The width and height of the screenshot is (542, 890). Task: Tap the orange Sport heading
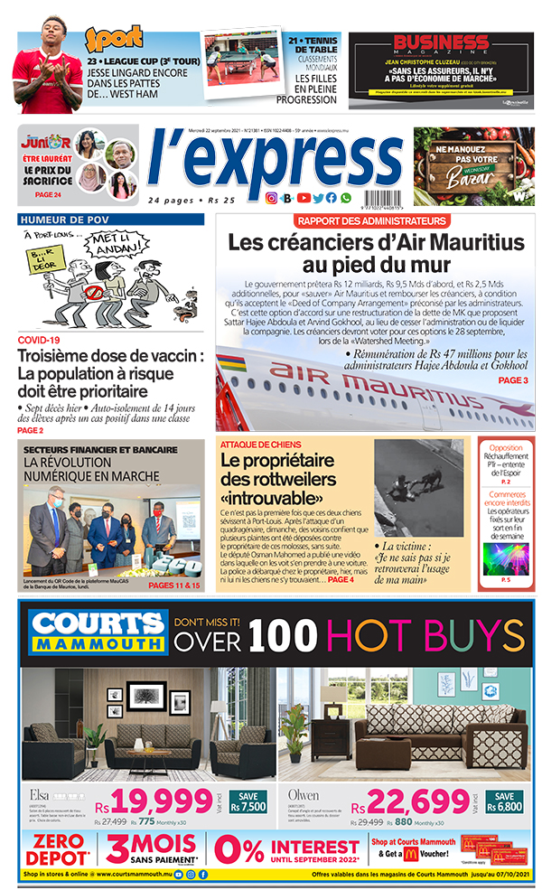[114, 39]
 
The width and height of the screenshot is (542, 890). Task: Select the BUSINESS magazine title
[441, 42]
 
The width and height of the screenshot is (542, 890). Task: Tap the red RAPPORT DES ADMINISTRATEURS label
[371, 221]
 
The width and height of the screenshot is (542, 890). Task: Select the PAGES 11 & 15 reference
[175, 586]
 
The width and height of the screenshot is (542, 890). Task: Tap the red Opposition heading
[505, 448]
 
